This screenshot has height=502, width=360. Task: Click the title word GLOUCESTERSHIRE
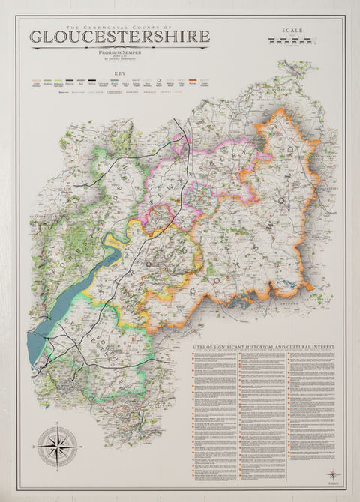119,37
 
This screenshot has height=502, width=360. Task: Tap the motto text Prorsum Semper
119,53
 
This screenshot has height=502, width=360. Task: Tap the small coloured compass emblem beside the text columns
333,474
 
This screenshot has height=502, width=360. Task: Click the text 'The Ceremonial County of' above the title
119,25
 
